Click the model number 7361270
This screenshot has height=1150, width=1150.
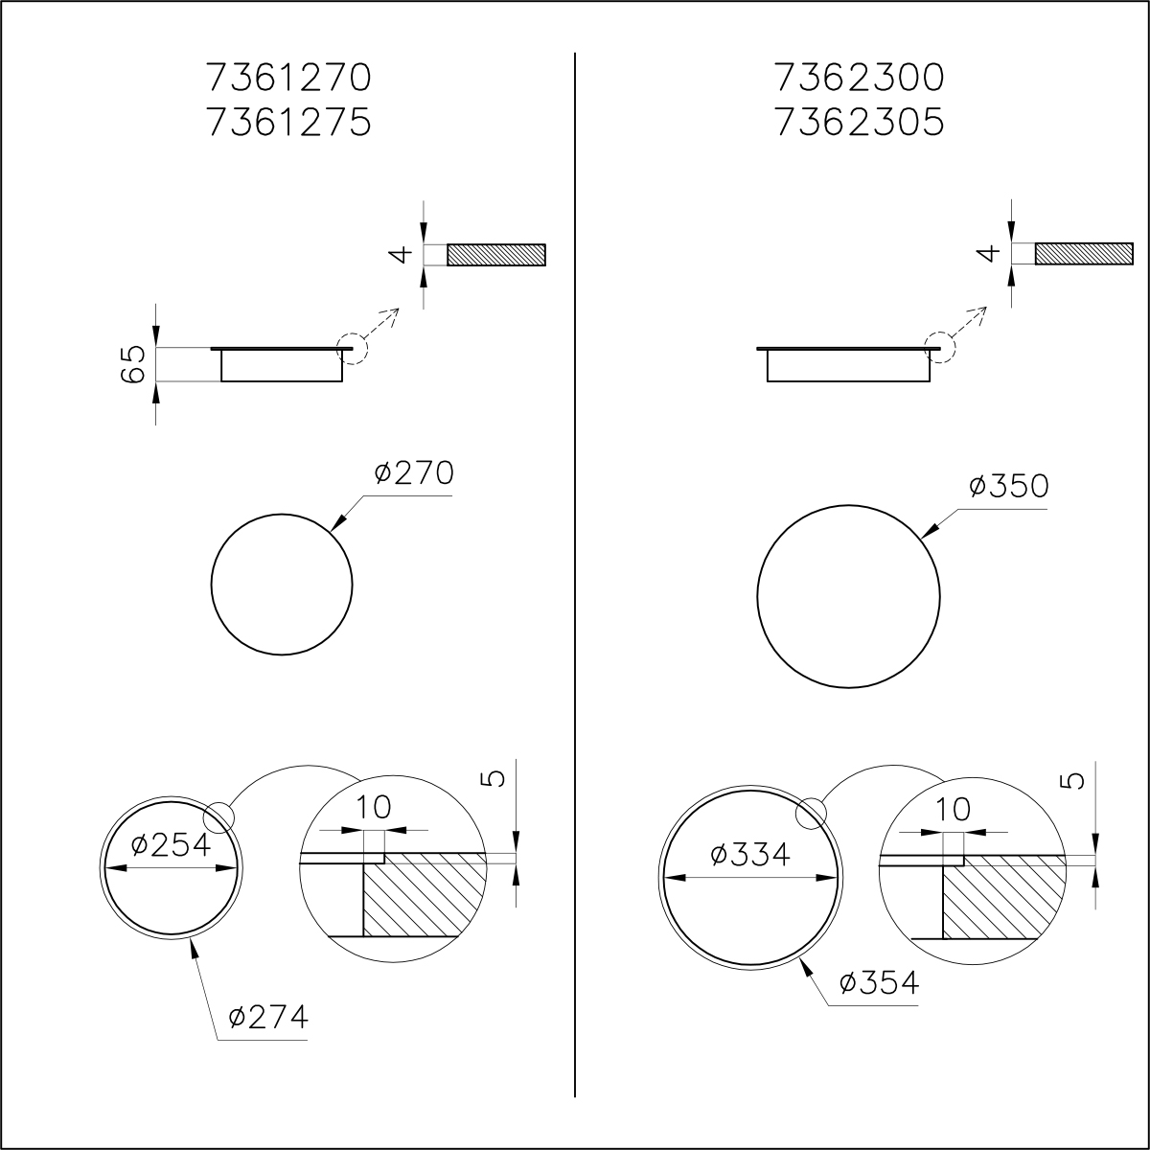287,77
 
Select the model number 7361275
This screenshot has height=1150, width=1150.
287,123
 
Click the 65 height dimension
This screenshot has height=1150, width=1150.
134,364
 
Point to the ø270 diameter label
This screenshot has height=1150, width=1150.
413,474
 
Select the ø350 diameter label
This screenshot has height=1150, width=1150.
1008,487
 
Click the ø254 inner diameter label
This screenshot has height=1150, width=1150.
171,844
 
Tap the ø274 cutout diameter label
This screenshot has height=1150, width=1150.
268,1017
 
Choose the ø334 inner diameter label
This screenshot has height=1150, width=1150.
751,854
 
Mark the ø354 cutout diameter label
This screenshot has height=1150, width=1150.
878,983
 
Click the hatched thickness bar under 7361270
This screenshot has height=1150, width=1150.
496,254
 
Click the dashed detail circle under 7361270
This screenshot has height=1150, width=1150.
352,348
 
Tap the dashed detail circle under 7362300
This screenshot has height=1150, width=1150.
940,348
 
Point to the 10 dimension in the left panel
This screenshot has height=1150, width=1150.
374,808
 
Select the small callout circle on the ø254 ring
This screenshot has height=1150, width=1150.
218,816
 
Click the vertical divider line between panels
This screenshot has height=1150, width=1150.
574,575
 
